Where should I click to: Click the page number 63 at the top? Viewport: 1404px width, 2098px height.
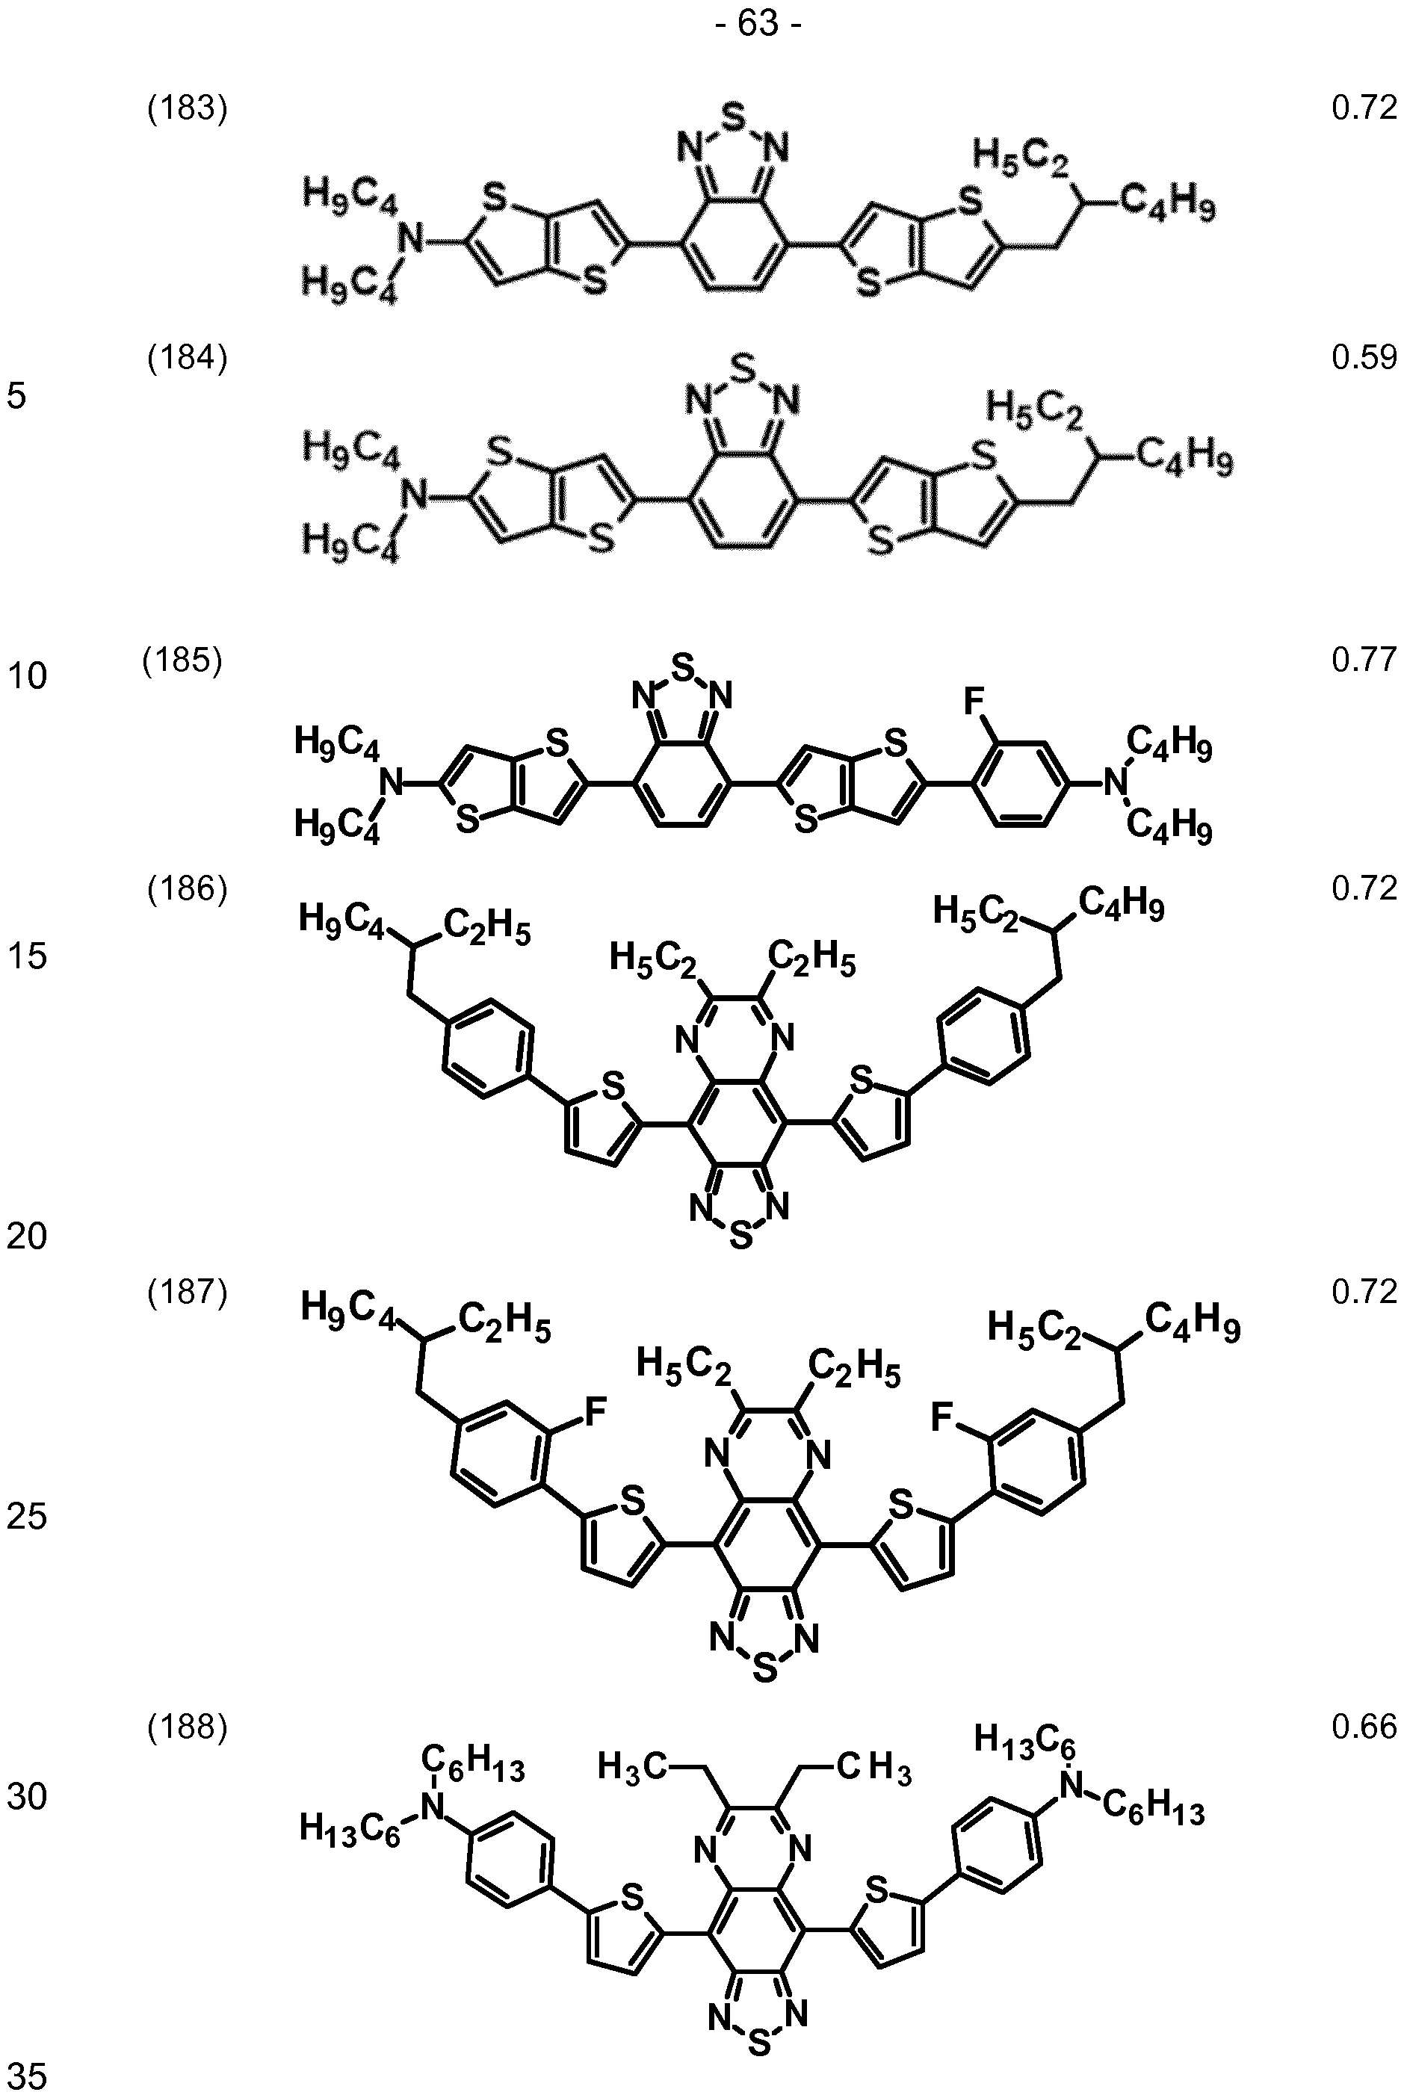pyautogui.click(x=758, y=24)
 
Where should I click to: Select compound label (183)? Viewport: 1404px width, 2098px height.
pyautogui.click(x=187, y=109)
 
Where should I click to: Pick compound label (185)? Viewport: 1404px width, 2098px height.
pyautogui.click(x=182, y=660)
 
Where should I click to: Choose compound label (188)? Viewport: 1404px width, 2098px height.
pyautogui.click(x=187, y=1728)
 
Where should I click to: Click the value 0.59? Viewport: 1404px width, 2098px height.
pyautogui.click(x=1364, y=358)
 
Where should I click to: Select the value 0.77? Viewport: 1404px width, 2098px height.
pyautogui.click(x=1364, y=660)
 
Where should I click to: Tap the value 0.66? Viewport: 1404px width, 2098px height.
pyautogui.click(x=1364, y=1727)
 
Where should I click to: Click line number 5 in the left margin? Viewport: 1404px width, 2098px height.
pyautogui.click(x=17, y=396)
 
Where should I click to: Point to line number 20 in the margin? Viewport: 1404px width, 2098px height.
pyautogui.click(x=27, y=1237)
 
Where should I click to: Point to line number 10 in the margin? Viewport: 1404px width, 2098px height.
pyautogui.click(x=27, y=676)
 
